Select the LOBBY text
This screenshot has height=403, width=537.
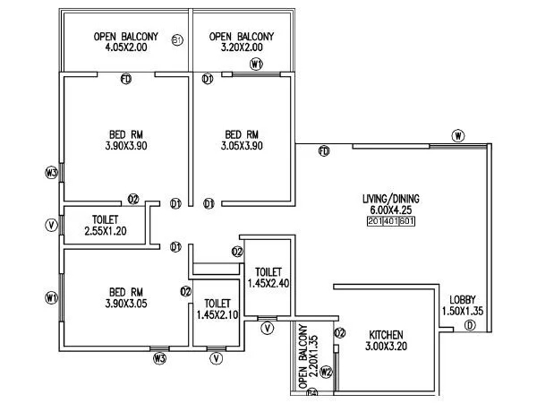[x=463, y=299]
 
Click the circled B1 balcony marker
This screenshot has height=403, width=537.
[x=177, y=40]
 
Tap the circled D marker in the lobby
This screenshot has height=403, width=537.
[x=470, y=326]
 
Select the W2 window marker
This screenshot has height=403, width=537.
[x=326, y=371]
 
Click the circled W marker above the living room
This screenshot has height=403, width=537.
[x=457, y=136]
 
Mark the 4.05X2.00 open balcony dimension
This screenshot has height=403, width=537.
[x=126, y=47]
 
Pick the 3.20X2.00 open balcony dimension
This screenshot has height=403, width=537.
[x=242, y=47]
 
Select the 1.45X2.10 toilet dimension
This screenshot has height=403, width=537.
[x=217, y=315]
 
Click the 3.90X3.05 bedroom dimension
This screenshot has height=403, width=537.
[x=126, y=304]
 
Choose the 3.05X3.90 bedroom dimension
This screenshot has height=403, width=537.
[x=243, y=148]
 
